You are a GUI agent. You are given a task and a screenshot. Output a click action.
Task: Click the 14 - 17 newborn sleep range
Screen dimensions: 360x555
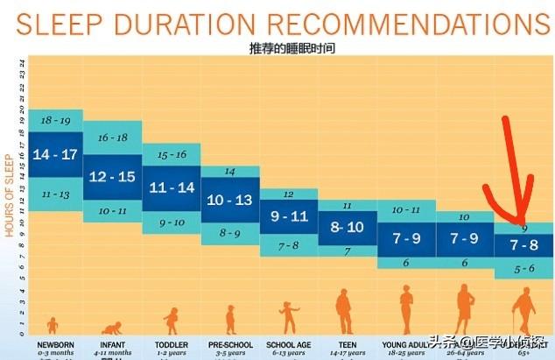[x=54, y=154]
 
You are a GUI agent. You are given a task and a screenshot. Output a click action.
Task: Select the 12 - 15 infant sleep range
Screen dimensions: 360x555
[x=112, y=177]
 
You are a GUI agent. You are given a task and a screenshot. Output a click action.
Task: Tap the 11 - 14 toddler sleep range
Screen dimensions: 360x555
[x=171, y=187]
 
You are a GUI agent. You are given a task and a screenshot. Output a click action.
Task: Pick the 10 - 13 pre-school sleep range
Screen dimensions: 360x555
[x=229, y=200]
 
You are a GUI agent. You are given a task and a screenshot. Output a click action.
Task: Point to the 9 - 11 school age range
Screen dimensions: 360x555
[x=288, y=215]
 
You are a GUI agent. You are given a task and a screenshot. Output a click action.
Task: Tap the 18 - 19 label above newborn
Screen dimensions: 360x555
[x=54, y=120]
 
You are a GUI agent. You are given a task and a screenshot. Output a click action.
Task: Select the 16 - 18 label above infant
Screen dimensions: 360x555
[x=112, y=138]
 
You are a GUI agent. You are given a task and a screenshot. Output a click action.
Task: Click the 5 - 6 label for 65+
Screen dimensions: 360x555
[x=523, y=268]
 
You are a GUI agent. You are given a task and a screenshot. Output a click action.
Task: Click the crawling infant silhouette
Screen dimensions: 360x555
[x=111, y=328]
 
